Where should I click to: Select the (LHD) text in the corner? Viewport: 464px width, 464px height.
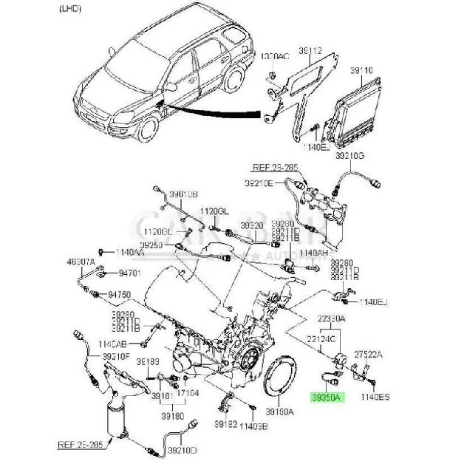pos(71,10)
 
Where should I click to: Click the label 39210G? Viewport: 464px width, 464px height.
pos(349,157)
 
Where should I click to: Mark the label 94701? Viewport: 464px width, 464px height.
pos(129,273)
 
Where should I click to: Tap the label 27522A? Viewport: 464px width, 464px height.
pos(369,355)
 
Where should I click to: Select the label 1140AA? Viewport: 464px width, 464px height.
pos(130,252)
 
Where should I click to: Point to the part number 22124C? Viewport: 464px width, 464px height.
pos(322,338)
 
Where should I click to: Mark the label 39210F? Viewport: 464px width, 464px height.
pos(116,356)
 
